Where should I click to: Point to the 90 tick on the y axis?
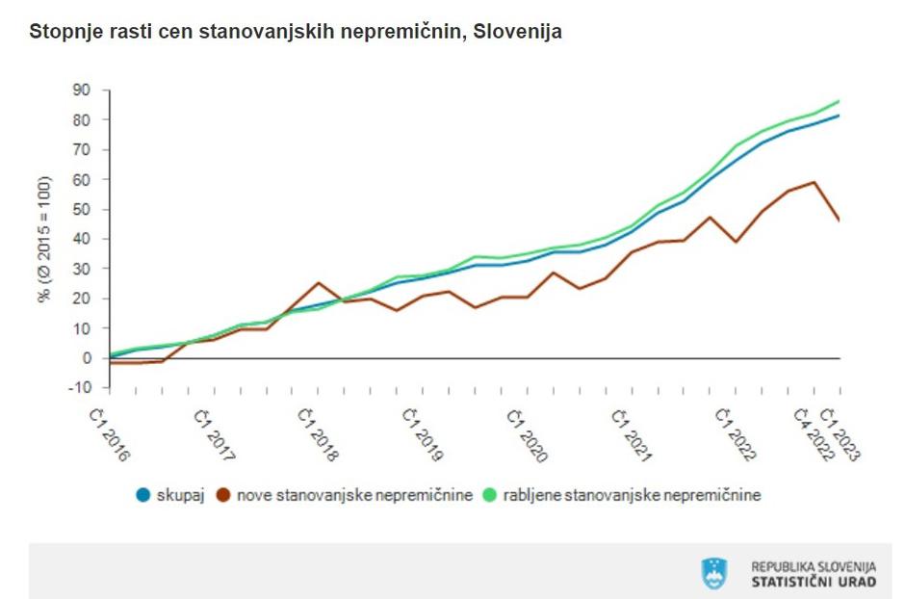[81, 90]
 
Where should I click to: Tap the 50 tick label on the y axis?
[81, 209]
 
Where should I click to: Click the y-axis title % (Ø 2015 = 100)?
[44, 239]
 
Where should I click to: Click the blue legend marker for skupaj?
[143, 495]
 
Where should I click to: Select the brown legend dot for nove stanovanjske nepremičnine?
[224, 495]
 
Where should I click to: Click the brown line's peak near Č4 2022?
[815, 182]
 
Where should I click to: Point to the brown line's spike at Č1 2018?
[318, 283]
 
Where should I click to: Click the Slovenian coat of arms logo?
[714, 574]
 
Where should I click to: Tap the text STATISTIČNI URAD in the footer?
[814, 583]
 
